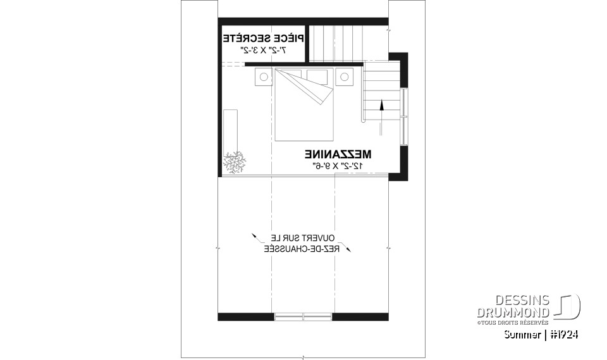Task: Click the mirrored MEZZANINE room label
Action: coord(338,154)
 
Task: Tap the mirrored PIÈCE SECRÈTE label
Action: coord(262,39)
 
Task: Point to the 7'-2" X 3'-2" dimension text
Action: coord(262,50)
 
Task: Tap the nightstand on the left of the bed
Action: coord(264,77)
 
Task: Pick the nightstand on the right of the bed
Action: coord(344,77)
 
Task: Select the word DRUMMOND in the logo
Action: coord(513,312)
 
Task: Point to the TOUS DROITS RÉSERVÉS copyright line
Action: coord(513,322)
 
